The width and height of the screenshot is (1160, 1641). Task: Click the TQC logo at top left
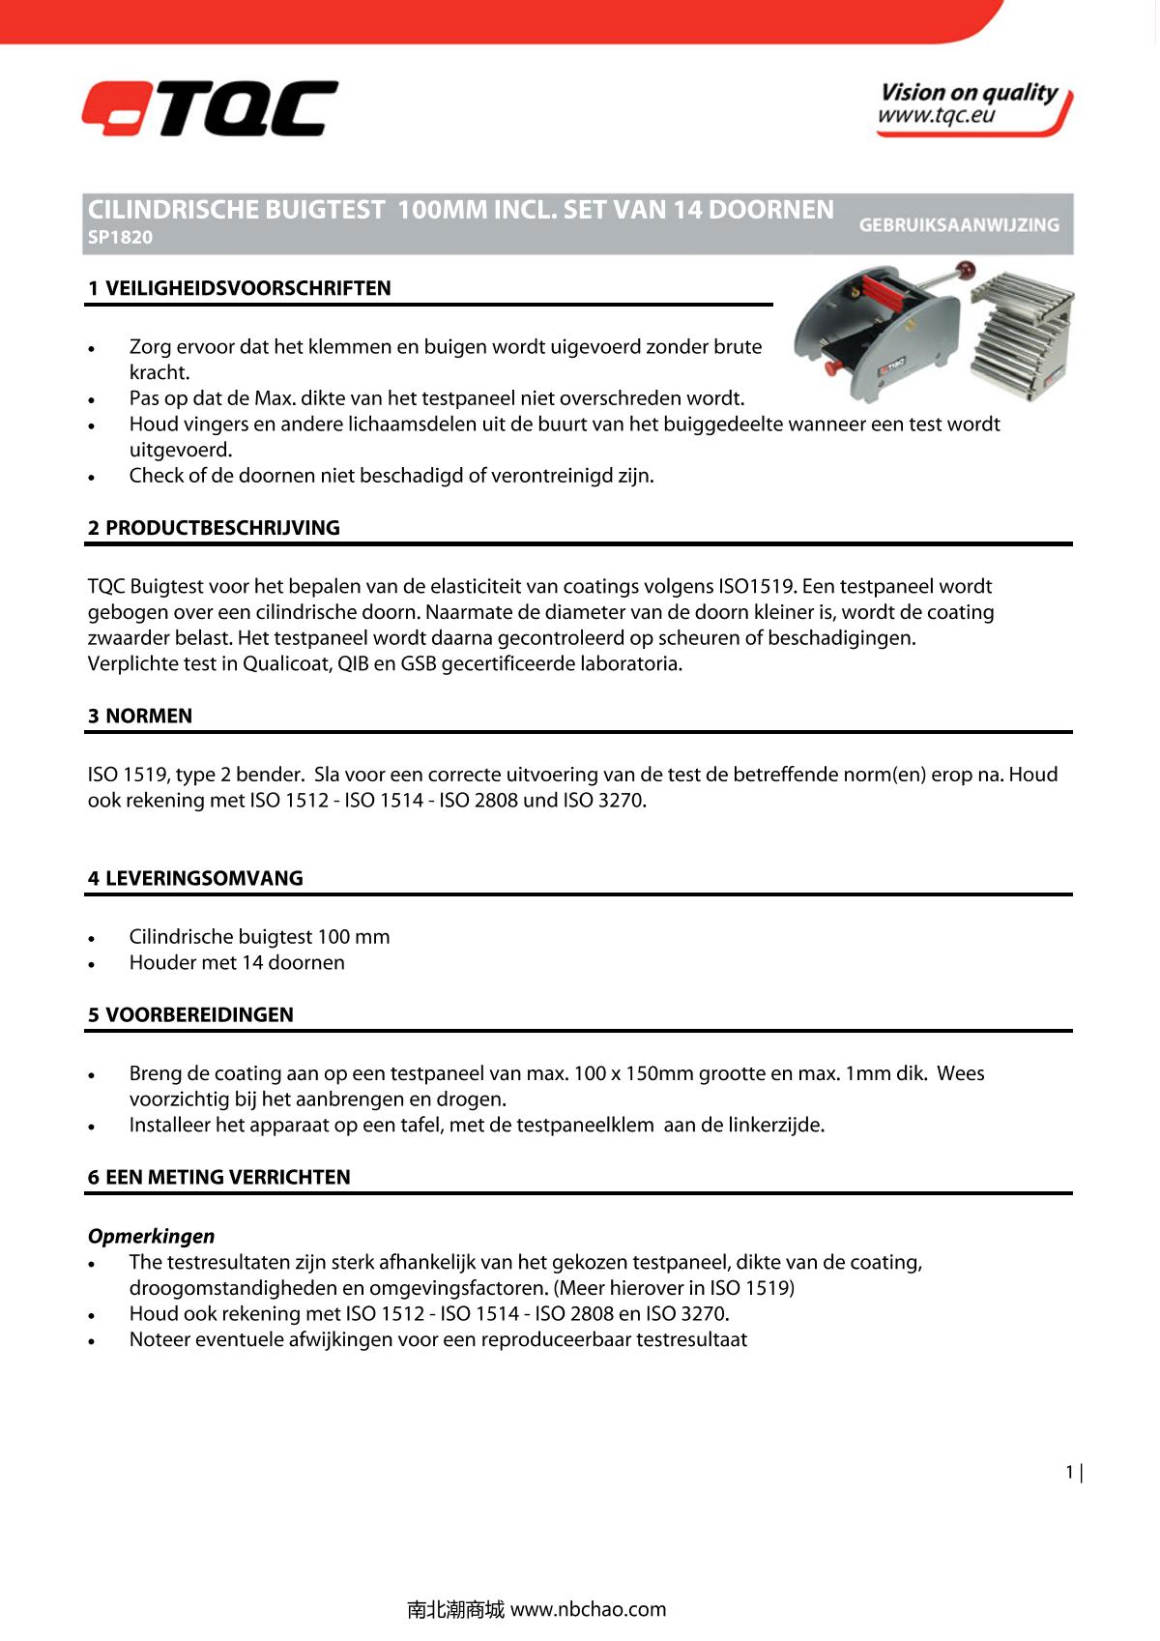click(x=210, y=108)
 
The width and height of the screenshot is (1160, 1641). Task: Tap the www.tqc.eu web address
click(x=936, y=117)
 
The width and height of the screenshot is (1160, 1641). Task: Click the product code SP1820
click(x=120, y=238)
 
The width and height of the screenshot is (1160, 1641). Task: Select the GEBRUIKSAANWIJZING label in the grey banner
click(x=959, y=224)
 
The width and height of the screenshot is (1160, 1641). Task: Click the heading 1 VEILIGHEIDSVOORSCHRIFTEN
click(x=240, y=288)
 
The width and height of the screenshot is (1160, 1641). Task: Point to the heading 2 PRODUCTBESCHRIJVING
click(x=214, y=528)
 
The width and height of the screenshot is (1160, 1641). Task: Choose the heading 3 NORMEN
click(x=140, y=717)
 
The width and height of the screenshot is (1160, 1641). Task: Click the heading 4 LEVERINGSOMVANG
click(x=195, y=879)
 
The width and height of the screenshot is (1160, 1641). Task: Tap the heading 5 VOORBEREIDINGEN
click(x=190, y=1015)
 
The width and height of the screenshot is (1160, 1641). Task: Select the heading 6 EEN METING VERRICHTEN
click(x=219, y=1178)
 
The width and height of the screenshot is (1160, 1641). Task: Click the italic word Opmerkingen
click(x=152, y=1237)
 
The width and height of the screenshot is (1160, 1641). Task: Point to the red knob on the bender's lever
click(x=964, y=268)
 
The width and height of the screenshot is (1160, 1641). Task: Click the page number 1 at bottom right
click(x=1069, y=1473)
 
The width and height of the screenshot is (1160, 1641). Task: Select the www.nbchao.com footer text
click(x=588, y=1609)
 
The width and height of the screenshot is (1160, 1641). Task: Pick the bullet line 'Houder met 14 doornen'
click(x=237, y=963)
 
